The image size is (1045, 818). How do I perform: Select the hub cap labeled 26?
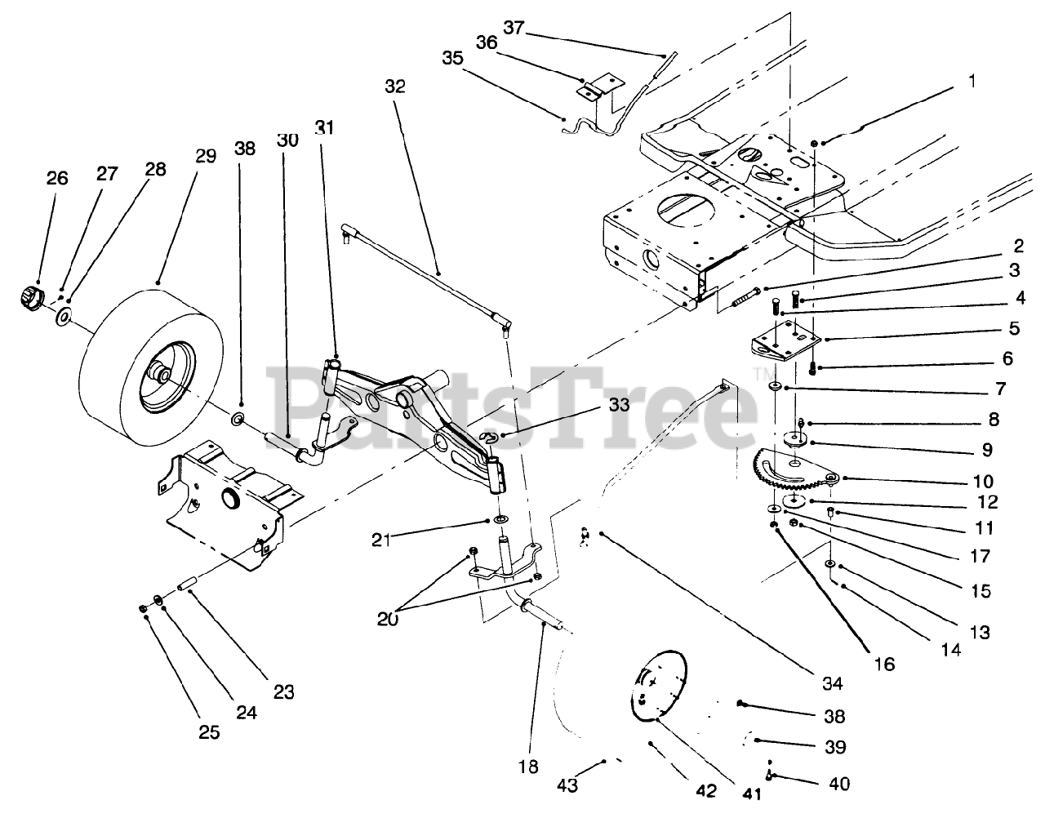pos(30,297)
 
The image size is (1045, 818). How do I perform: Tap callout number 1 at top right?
pos(971,82)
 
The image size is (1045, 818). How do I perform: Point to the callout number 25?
pos(209,731)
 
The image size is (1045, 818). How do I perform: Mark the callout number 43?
pos(567,785)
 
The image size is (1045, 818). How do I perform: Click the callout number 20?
pos(388,620)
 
